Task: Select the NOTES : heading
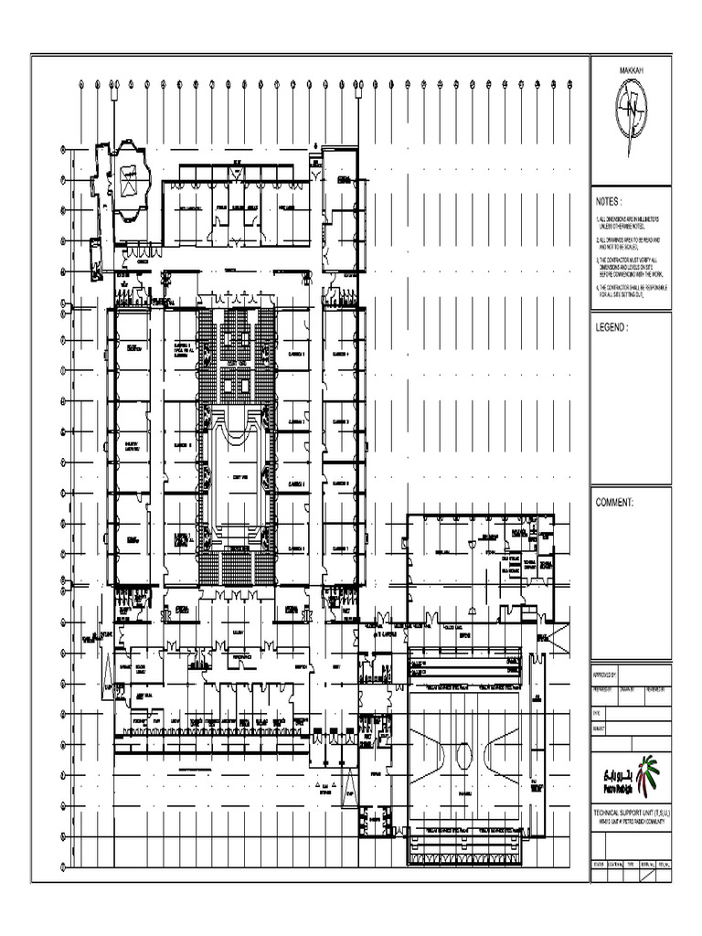(x=609, y=201)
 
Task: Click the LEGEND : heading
(x=612, y=326)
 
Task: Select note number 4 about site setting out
(x=631, y=291)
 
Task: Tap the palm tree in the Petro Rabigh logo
(x=647, y=775)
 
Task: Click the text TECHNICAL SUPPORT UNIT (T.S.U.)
(x=631, y=813)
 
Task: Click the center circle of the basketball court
(x=464, y=756)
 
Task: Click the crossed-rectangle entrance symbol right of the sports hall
(x=555, y=632)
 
